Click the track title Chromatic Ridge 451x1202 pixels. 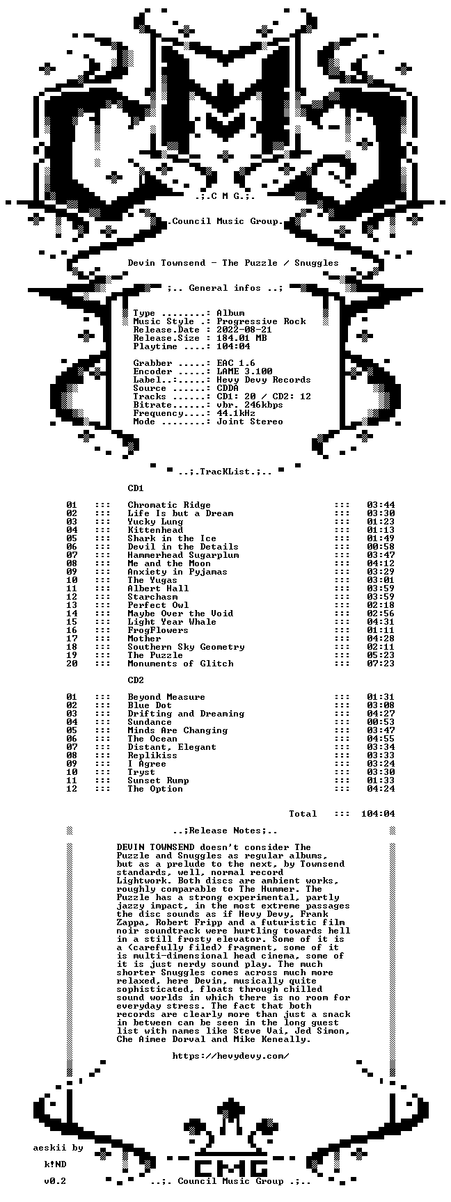click(x=169, y=505)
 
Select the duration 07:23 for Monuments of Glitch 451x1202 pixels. click(x=381, y=664)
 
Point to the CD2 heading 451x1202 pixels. click(x=136, y=680)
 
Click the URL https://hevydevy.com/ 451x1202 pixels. click(x=230, y=1056)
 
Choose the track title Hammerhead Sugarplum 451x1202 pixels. click(x=183, y=555)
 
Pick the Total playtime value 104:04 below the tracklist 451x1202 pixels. click(x=378, y=814)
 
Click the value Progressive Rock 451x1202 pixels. click(x=261, y=321)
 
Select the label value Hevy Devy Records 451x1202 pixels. click(x=264, y=380)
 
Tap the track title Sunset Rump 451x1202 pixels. click(x=158, y=780)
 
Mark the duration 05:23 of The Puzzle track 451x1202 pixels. click(x=381, y=655)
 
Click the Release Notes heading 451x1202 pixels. click(x=225, y=831)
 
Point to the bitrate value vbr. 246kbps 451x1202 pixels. click(x=250, y=405)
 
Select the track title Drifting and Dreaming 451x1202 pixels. click(x=186, y=714)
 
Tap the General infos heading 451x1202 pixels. click(x=225, y=288)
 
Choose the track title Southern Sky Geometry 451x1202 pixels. click(x=186, y=647)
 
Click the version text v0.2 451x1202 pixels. click(x=55, y=1181)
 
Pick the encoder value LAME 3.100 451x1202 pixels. click(x=244, y=371)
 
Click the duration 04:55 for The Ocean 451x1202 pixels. click(x=381, y=739)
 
